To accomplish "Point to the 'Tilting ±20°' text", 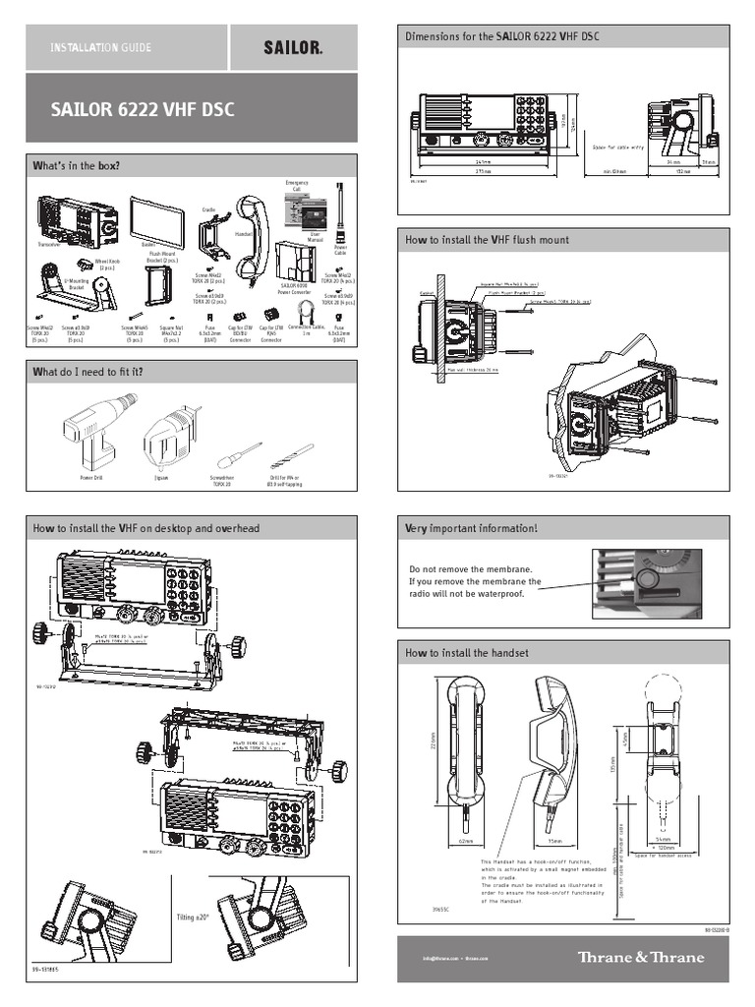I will coord(193,917).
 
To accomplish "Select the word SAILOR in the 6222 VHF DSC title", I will coord(83,109).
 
